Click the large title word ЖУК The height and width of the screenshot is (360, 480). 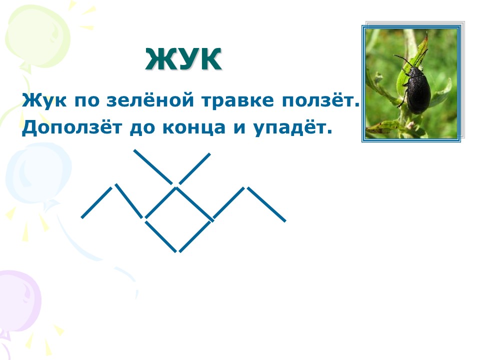(183, 59)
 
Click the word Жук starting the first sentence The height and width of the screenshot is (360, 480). (44, 100)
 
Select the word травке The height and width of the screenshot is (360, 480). (238, 100)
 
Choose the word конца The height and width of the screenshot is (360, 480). (194, 128)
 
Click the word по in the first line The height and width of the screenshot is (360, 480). (87, 100)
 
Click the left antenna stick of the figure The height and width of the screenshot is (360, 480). (153, 167)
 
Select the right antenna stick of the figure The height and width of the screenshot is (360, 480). (194, 169)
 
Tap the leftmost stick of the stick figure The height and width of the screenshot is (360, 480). (96, 202)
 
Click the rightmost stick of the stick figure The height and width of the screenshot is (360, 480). (266, 204)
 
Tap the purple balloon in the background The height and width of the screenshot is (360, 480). (19, 301)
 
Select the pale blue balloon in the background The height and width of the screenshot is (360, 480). (38, 174)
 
